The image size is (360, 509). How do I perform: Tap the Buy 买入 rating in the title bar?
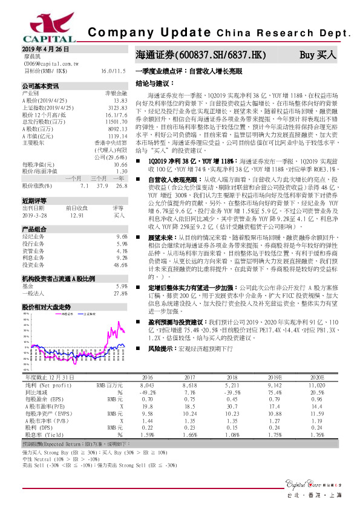click(x=318, y=54)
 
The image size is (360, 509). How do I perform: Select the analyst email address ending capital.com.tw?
click(x=51, y=62)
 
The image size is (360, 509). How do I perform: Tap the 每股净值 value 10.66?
click(x=119, y=164)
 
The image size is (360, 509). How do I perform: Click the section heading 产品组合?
click(x=34, y=229)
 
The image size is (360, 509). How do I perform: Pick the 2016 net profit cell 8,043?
click(x=146, y=384)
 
